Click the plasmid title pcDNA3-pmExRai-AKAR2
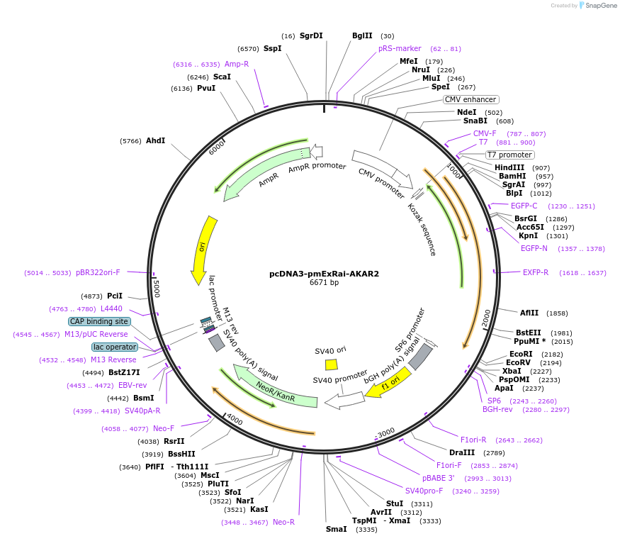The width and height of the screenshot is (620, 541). pyautogui.click(x=324, y=273)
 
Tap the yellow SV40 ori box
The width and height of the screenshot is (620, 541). pyautogui.click(x=331, y=364)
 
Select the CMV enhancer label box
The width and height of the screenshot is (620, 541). pyautogui.click(x=471, y=99)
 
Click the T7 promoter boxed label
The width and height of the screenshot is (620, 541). pyautogui.click(x=509, y=155)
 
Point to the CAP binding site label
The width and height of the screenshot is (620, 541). pyautogui.click(x=99, y=321)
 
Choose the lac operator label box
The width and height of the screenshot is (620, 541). pyautogui.click(x=115, y=347)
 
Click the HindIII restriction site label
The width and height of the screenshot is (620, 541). pyautogui.click(x=509, y=167)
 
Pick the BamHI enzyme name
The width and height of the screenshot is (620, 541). pyautogui.click(x=511, y=176)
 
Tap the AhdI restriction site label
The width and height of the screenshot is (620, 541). pyautogui.click(x=155, y=140)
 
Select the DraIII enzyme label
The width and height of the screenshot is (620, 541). pyautogui.click(x=462, y=452)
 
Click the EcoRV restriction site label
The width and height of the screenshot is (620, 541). pyautogui.click(x=519, y=362)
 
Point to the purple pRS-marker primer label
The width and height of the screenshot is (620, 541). pyautogui.click(x=400, y=49)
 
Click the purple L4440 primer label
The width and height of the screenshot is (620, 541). pyautogui.click(x=111, y=308)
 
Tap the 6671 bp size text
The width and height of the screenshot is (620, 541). pyautogui.click(x=324, y=282)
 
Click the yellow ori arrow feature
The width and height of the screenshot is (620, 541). pyautogui.click(x=203, y=249)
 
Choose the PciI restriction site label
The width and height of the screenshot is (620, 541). pyautogui.click(x=114, y=296)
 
